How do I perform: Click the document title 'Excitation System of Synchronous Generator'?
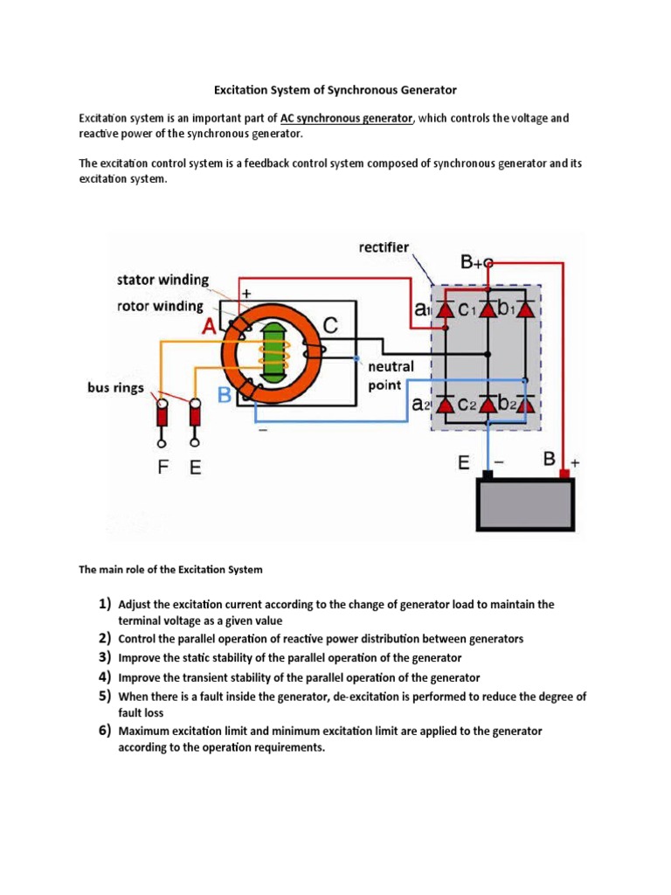335,90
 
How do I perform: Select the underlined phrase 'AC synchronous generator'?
346,118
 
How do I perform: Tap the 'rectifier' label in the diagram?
384,247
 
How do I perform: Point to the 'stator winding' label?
163,281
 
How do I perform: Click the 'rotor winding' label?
160,306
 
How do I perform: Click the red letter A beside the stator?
211,326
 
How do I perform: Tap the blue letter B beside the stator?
225,396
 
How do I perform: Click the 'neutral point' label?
391,376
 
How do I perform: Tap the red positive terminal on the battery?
565,474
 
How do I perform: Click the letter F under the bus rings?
163,468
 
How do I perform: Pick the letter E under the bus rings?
195,468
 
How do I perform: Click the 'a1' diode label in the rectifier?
422,309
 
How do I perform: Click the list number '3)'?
104,657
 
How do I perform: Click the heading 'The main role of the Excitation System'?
170,570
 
